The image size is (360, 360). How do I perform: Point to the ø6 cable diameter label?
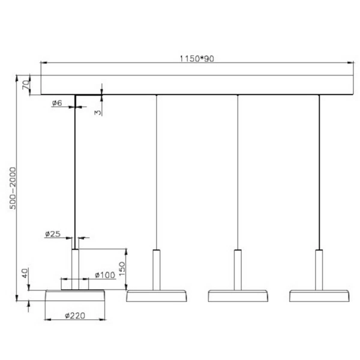[x=58, y=104]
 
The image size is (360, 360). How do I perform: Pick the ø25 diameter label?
[x=52, y=234]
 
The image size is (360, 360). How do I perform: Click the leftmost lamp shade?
[x=76, y=296]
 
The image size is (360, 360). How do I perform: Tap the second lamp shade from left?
[x=156, y=295]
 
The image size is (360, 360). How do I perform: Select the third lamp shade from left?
[x=238, y=295]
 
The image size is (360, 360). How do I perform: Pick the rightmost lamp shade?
[x=319, y=295]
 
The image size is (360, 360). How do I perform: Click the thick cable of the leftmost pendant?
[x=75, y=174]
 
